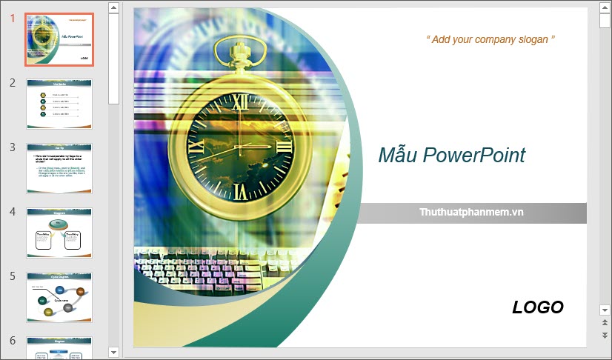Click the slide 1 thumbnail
pyautogui.click(x=59, y=39)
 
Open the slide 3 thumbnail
pyautogui.click(x=59, y=168)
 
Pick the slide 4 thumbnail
pyautogui.click(x=59, y=233)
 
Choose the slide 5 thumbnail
pyautogui.click(x=59, y=297)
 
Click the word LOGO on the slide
pyautogui.click(x=538, y=307)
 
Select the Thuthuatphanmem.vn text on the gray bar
pyautogui.click(x=471, y=212)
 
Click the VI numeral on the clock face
pyautogui.click(x=239, y=193)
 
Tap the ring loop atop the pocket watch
pyautogui.click(x=239, y=48)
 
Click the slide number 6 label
pyautogui.click(x=13, y=341)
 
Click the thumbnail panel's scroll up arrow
pyautogui.click(x=113, y=8)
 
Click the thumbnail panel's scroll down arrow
pyautogui.click(x=113, y=351)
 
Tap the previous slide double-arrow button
pyautogui.click(x=605, y=323)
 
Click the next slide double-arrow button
pyautogui.click(x=605, y=336)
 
